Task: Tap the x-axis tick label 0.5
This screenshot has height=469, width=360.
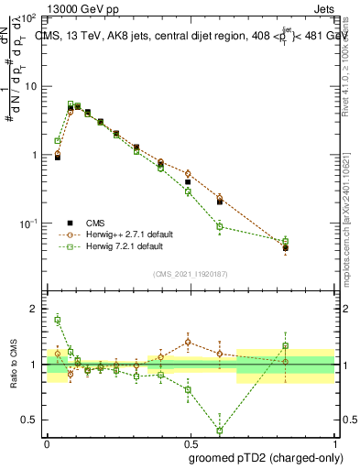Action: tap(191, 442)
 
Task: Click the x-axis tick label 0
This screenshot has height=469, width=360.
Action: tap(47, 442)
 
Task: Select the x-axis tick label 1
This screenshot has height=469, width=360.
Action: tap(335, 442)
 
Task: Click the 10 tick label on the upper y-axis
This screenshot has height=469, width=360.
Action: tap(31, 86)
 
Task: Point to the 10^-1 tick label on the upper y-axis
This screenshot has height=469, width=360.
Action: tap(29, 224)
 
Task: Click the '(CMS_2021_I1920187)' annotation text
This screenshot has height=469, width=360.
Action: tap(191, 274)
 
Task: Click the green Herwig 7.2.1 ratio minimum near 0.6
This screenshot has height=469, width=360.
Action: tap(220, 430)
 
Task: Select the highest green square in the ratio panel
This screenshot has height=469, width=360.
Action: tap(58, 320)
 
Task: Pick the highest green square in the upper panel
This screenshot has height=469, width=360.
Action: tap(71, 104)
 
